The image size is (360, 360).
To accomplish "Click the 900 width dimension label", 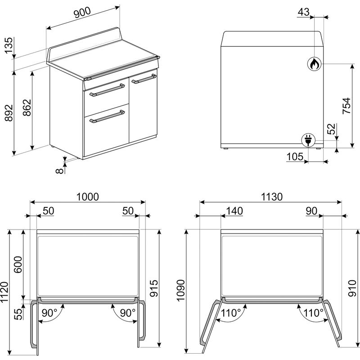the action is click(x=82, y=13).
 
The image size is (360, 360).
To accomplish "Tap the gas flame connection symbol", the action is click(x=314, y=63).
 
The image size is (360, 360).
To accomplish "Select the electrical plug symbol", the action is click(x=308, y=140).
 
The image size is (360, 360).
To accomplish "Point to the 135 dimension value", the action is click(x=9, y=45).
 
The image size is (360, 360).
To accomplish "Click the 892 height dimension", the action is click(x=9, y=113).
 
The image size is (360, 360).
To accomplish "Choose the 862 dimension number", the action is click(x=27, y=108).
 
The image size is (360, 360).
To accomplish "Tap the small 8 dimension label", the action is click(x=59, y=171).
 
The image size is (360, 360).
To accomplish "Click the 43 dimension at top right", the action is click(x=303, y=12).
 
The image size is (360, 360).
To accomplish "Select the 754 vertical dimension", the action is click(x=346, y=106).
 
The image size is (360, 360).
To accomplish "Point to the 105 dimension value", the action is click(x=295, y=157).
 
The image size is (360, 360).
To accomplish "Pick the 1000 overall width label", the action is click(x=87, y=197).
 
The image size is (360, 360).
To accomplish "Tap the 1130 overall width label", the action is click(x=272, y=197).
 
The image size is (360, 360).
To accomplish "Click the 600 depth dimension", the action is click(x=18, y=264).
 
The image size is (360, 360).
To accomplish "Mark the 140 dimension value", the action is click(x=234, y=211).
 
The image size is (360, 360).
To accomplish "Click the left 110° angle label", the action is click(x=231, y=313).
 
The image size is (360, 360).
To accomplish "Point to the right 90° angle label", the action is click(x=128, y=313).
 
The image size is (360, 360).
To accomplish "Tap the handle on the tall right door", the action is click(x=144, y=78).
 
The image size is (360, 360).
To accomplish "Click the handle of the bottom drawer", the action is click(x=107, y=117).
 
